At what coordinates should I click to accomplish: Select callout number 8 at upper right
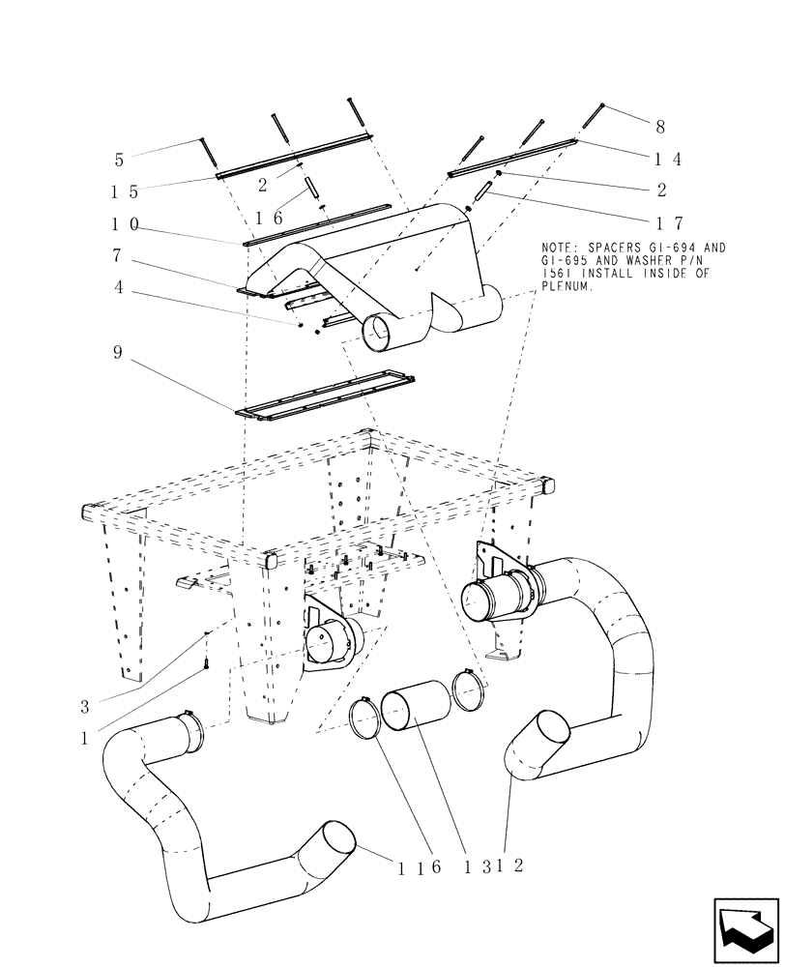point(660,126)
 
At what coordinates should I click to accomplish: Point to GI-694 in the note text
point(692,249)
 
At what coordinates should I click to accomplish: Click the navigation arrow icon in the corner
point(745,929)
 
